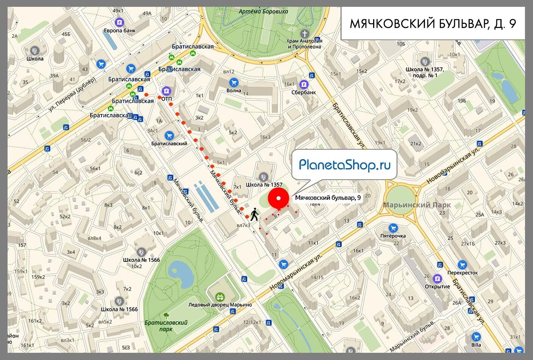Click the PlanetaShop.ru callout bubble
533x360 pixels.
click(x=344, y=165)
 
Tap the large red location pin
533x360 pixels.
click(x=279, y=199)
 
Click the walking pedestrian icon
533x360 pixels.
click(x=254, y=214)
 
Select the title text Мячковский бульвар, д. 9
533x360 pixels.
click(x=433, y=23)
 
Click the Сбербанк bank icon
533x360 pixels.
click(x=303, y=84)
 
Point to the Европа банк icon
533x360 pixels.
click(x=119, y=22)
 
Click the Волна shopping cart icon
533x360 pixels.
click(x=234, y=82)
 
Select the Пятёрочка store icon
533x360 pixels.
click(x=393, y=228)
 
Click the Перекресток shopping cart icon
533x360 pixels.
click(x=462, y=265)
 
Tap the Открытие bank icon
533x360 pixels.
click(x=437, y=279)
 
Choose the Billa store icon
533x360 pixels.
click(x=476, y=337)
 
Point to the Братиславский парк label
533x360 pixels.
click(x=166, y=326)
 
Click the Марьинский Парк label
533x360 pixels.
click(x=417, y=205)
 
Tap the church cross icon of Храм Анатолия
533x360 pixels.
click(x=304, y=33)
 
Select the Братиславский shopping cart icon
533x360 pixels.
click(x=169, y=135)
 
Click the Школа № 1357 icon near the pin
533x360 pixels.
click(x=264, y=177)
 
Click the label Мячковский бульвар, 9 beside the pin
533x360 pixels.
click(x=328, y=198)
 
